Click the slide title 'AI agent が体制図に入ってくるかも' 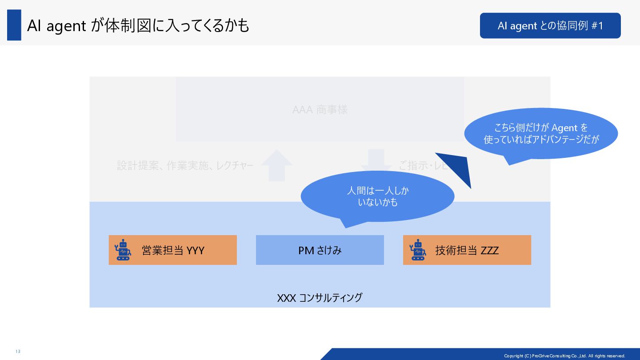[138, 26]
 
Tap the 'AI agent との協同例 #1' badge [550, 26]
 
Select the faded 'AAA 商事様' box [320, 109]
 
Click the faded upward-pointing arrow [276, 165]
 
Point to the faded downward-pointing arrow [376, 160]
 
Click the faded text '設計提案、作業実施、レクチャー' [185, 166]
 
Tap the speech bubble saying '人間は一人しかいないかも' [377, 196]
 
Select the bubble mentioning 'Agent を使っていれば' [541, 133]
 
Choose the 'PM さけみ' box [320, 250]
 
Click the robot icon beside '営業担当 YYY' [123, 250]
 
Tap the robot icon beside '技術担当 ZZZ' [417, 250]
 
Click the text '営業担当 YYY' [173, 250]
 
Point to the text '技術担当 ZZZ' [467, 250]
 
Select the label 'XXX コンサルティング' [320, 297]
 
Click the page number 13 [18, 352]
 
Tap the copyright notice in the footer [564, 356]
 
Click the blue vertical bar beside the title [14, 25]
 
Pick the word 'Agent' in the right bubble [564, 128]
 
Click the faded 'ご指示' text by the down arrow [409, 166]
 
